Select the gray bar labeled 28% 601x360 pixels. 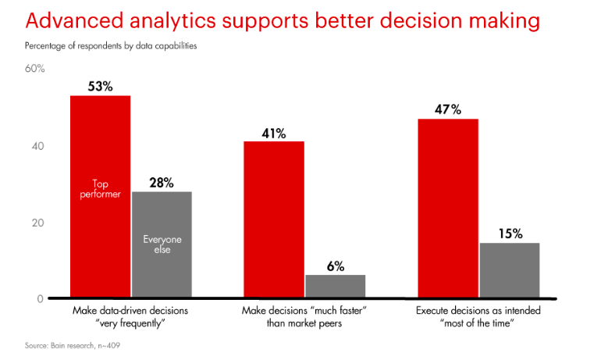pos(162,266)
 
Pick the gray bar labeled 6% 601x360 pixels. pos(335,286)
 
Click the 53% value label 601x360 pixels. pos(100,87)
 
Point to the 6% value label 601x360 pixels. pos(336,266)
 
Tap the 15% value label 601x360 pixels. pos(509,233)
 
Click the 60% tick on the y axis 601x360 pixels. pos(36,70)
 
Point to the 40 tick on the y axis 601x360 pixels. pos(39,146)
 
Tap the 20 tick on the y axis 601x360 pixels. pos(39,223)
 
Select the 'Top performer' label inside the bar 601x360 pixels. pos(101,189)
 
